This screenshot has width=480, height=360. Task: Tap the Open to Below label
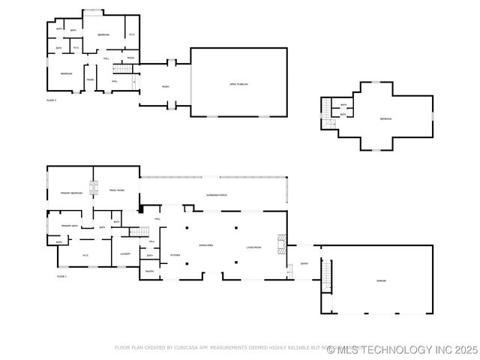click(238, 85)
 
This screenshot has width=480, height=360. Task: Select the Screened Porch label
click(217, 195)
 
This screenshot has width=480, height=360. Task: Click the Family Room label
click(116, 191)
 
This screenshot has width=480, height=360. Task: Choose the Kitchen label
click(175, 255)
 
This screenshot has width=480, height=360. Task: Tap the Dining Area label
click(206, 245)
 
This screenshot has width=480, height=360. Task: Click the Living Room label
click(253, 247)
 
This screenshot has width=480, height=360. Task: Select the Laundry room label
click(125, 253)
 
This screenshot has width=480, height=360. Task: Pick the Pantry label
click(149, 271)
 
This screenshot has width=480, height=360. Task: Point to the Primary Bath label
click(70, 225)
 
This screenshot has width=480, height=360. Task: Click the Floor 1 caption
click(61, 277)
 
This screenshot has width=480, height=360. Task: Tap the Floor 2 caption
click(51, 100)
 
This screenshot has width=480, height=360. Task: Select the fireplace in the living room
click(280, 241)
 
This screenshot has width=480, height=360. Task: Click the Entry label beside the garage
click(304, 263)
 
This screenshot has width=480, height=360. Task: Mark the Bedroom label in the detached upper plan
click(385, 119)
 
